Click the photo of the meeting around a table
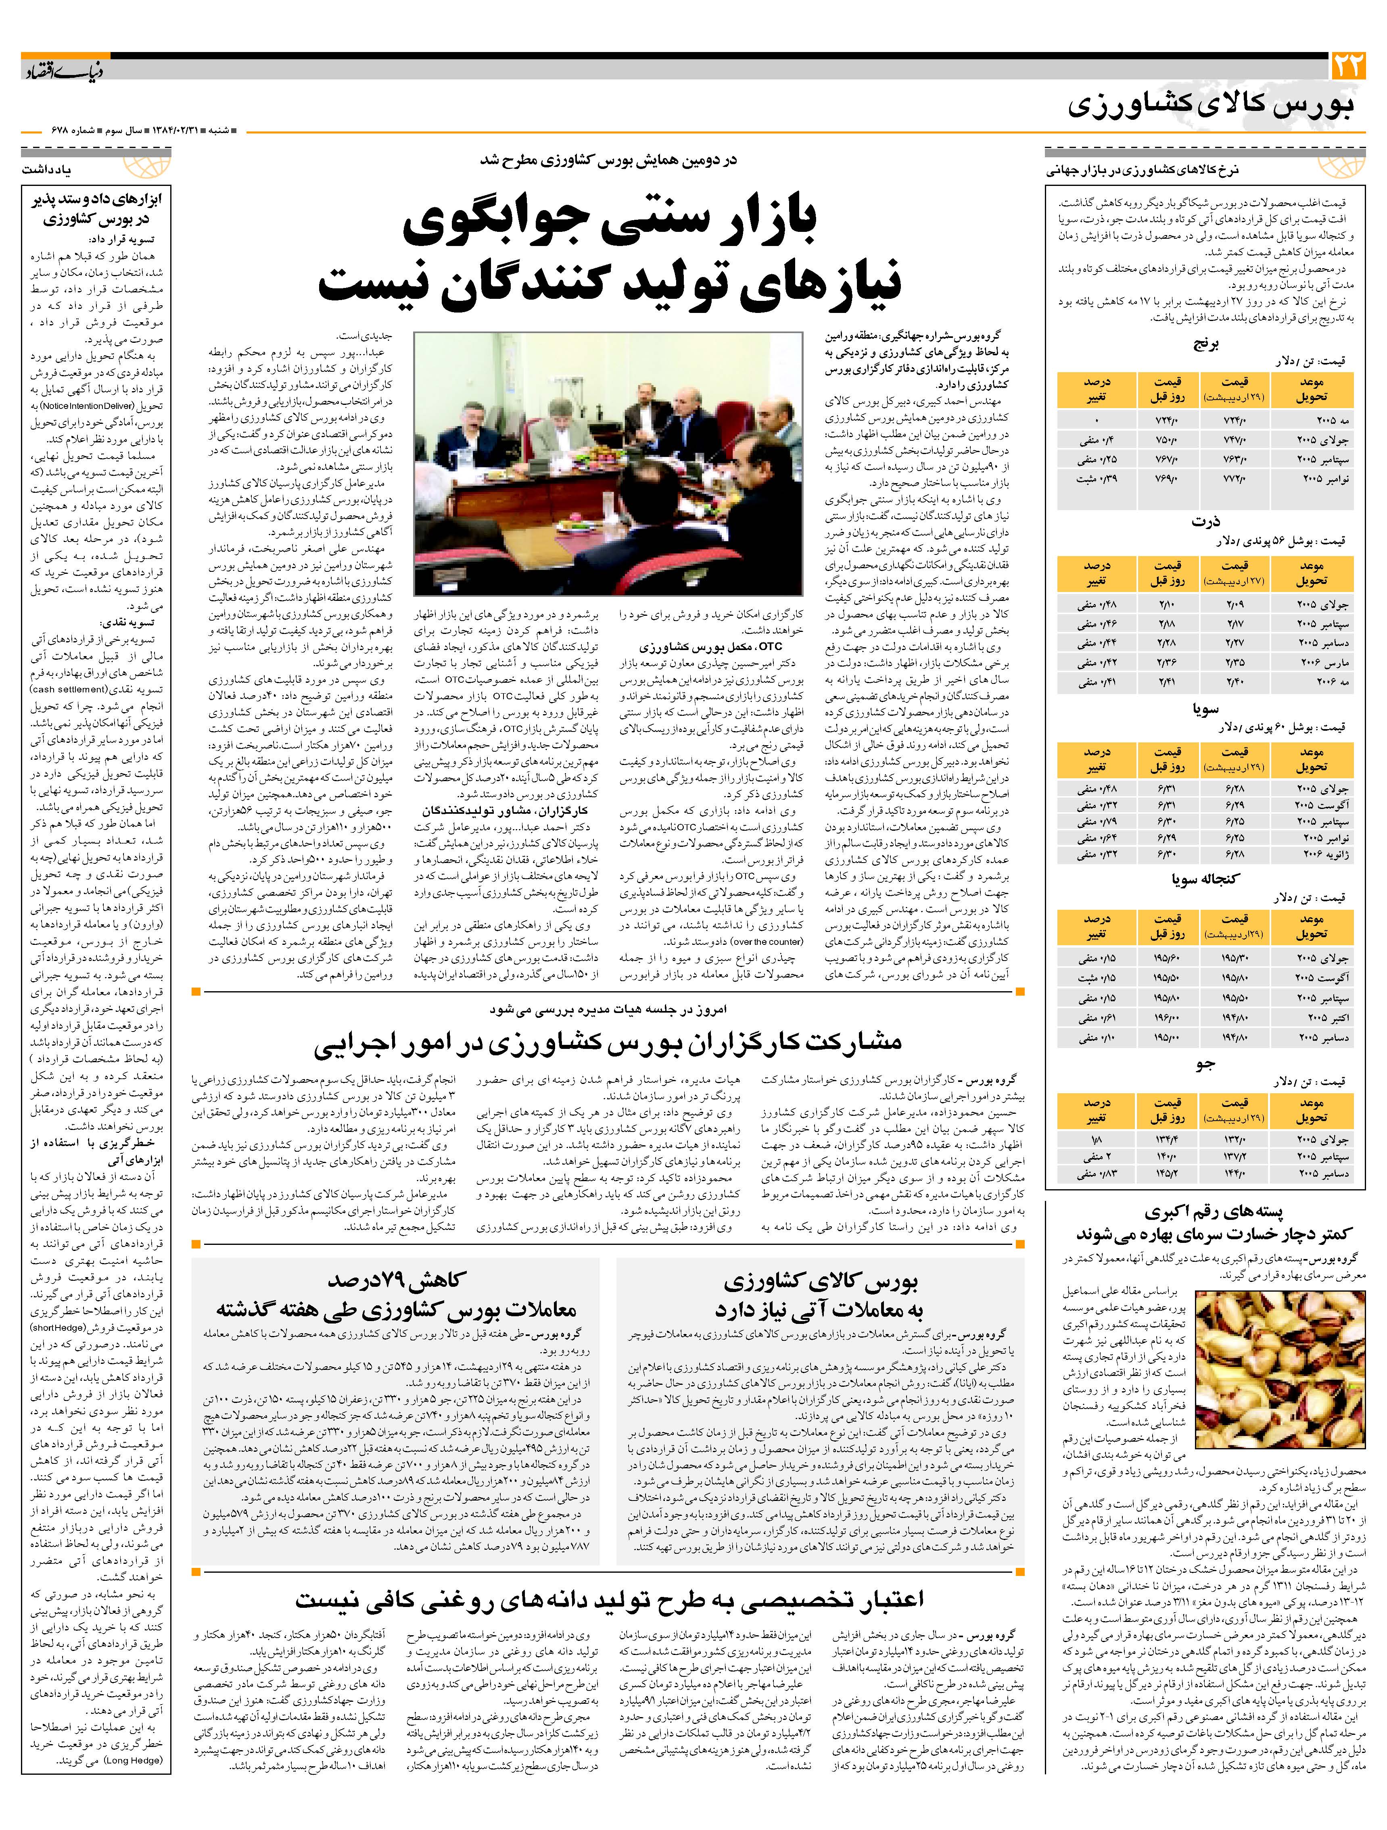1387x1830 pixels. pyautogui.click(x=608, y=463)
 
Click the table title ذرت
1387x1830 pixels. pyautogui.click(x=1205, y=521)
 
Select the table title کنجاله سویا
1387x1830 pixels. pyautogui.click(x=1205, y=879)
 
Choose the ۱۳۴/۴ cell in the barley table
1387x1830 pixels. pyautogui.click(x=1168, y=1139)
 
